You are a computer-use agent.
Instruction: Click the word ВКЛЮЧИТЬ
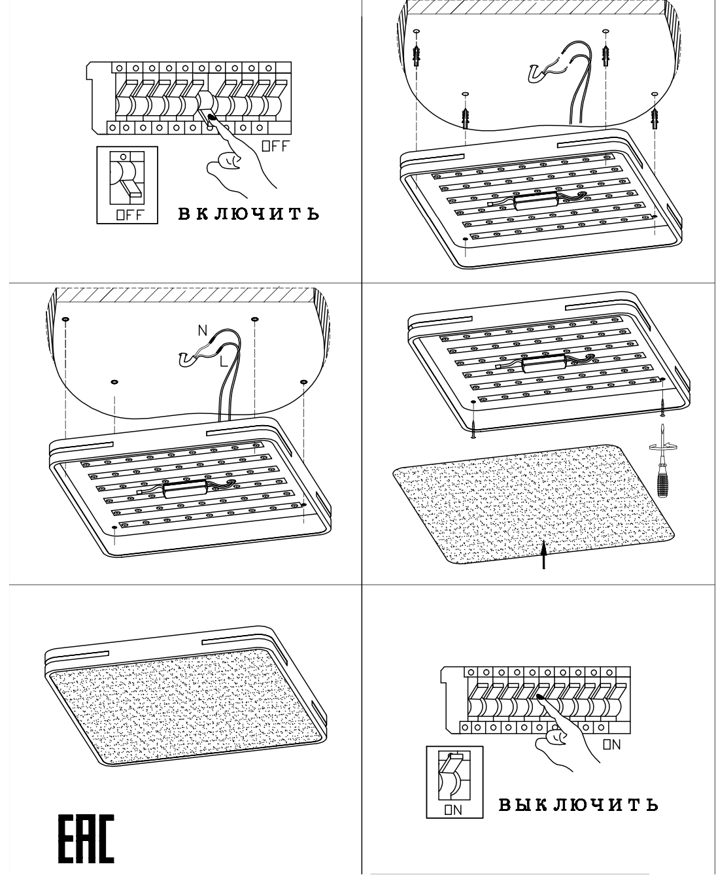pyautogui.click(x=249, y=213)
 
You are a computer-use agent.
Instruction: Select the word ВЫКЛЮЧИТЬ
pyautogui.click(x=578, y=804)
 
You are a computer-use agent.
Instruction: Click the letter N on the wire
pyautogui.click(x=203, y=331)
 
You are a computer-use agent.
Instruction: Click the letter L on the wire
pyautogui.click(x=224, y=360)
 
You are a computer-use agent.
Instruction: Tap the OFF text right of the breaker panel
pyautogui.click(x=275, y=146)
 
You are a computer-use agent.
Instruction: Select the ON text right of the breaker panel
pyautogui.click(x=611, y=744)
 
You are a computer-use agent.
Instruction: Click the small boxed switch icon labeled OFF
pyautogui.click(x=128, y=185)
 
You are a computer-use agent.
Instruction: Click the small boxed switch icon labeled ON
pyautogui.click(x=454, y=782)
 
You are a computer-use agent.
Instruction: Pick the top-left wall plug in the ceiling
pyautogui.click(x=417, y=50)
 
